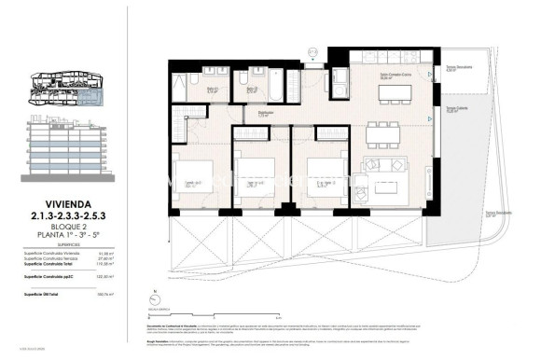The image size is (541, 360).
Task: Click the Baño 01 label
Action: pyautogui.click(x=212, y=90)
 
